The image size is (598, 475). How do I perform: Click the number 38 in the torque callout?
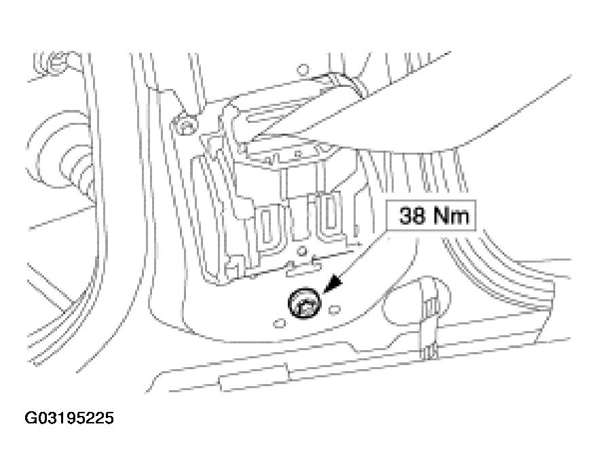click(411, 215)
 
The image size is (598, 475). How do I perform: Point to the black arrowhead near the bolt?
click(332, 284)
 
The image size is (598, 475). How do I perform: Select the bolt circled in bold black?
click(305, 303)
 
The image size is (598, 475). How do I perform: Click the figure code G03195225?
click(69, 418)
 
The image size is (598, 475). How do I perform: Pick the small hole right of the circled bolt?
click(335, 309)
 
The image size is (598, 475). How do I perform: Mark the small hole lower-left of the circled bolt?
click(280, 323)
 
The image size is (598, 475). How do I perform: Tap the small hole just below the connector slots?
click(302, 251)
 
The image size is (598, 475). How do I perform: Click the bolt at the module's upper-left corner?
click(185, 125)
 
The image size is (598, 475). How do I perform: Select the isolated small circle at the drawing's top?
click(303, 70)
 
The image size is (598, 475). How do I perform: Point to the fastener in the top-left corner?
click(57, 62)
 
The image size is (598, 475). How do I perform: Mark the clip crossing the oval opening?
click(428, 318)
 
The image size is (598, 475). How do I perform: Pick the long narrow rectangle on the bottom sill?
click(254, 377)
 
